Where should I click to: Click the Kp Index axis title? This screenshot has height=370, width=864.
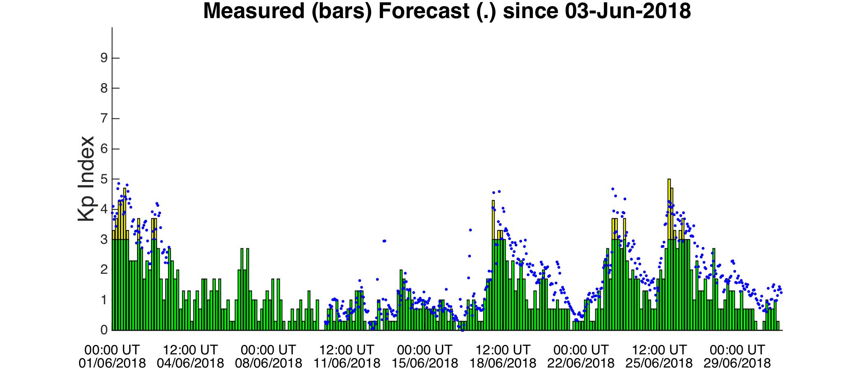click(86, 179)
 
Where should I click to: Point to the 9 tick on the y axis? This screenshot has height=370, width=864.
click(104, 58)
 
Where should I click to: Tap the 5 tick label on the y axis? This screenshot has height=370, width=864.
click(104, 179)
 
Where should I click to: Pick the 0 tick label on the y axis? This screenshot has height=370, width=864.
click(104, 330)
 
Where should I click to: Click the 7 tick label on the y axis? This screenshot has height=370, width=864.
click(104, 118)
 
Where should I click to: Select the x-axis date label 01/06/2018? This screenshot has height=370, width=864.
click(112, 363)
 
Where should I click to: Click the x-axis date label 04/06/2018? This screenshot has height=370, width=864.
click(190, 363)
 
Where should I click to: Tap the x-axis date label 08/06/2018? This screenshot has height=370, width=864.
click(269, 363)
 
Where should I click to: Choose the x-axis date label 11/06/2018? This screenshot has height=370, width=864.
click(347, 363)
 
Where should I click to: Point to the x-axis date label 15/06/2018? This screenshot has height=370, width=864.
click(425, 363)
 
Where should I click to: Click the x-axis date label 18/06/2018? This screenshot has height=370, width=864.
click(503, 363)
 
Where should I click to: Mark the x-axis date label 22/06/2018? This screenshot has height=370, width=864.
click(581, 363)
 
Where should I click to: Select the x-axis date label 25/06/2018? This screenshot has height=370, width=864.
click(659, 363)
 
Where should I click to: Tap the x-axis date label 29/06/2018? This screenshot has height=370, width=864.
click(737, 363)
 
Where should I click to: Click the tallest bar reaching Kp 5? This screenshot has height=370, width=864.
click(669, 254)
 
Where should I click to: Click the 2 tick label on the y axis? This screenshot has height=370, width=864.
click(104, 270)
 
